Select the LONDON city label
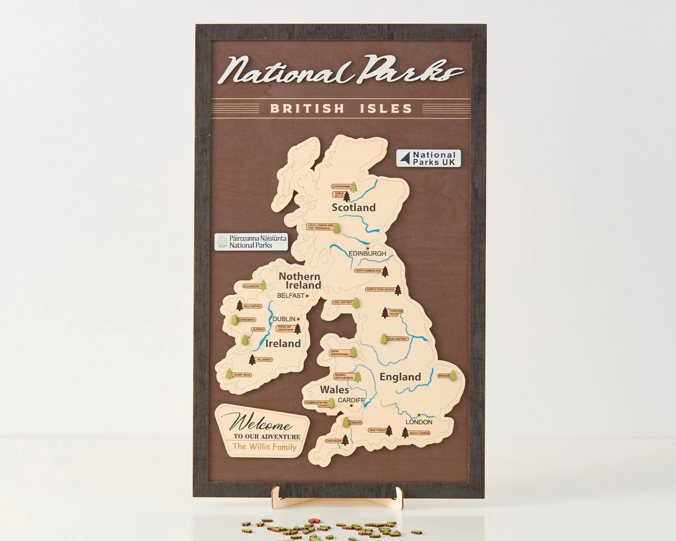click(x=419, y=422)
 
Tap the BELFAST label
click(x=291, y=296)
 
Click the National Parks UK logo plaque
click(x=428, y=158)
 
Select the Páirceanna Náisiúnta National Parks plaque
click(x=251, y=242)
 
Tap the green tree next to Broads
click(x=453, y=376)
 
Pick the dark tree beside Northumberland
click(x=385, y=272)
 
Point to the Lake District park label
click(x=342, y=302)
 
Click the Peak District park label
click(x=397, y=339)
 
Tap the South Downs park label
click(x=419, y=433)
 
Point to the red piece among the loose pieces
click(x=313, y=521)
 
